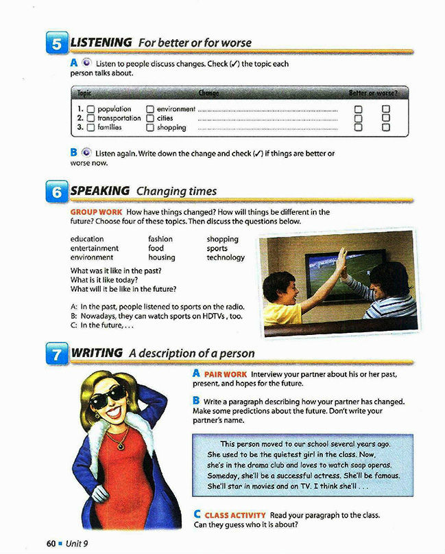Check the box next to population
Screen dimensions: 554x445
point(91,109)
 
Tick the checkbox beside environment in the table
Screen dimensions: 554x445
point(150,109)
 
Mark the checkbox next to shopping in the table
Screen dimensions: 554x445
point(150,128)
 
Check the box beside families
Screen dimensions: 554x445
point(91,128)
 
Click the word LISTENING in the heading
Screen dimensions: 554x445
point(101,43)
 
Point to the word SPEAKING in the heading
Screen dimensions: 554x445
point(100,190)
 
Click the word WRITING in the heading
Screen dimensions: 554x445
point(97,353)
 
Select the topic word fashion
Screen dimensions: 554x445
point(160,239)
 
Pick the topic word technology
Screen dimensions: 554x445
point(226,257)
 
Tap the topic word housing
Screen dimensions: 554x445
point(162,257)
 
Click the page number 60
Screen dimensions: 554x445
point(51,543)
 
